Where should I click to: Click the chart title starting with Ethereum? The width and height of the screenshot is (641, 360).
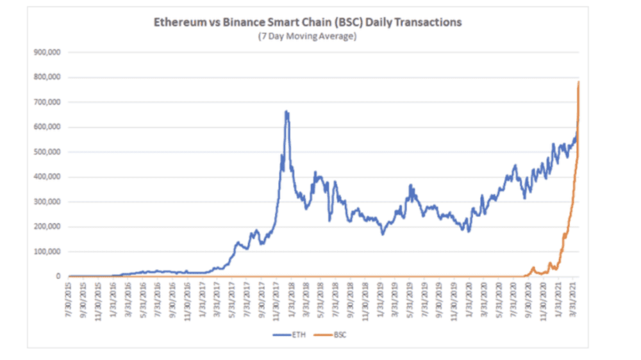[307, 22]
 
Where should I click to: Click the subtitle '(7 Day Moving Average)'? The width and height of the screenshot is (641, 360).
[307, 36]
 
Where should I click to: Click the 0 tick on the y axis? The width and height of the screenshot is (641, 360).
[58, 277]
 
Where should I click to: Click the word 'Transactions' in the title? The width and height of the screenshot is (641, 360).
[430, 22]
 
